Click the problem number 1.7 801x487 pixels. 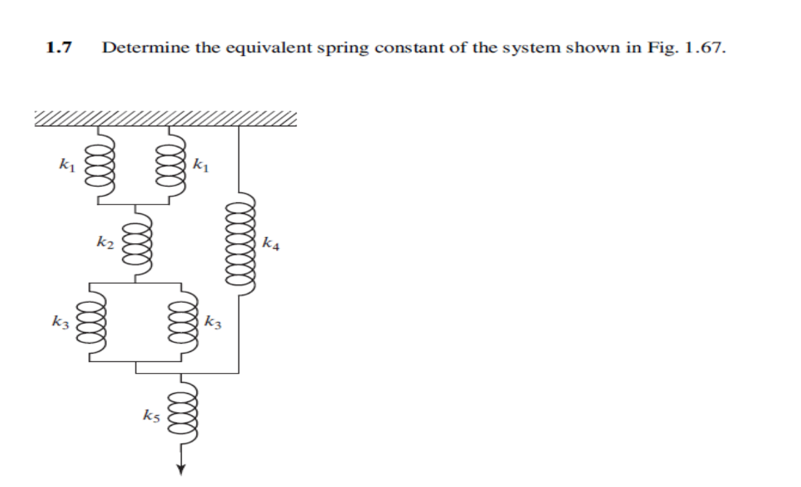tap(60, 48)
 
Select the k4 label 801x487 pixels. tap(271, 241)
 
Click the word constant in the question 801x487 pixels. tap(405, 49)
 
